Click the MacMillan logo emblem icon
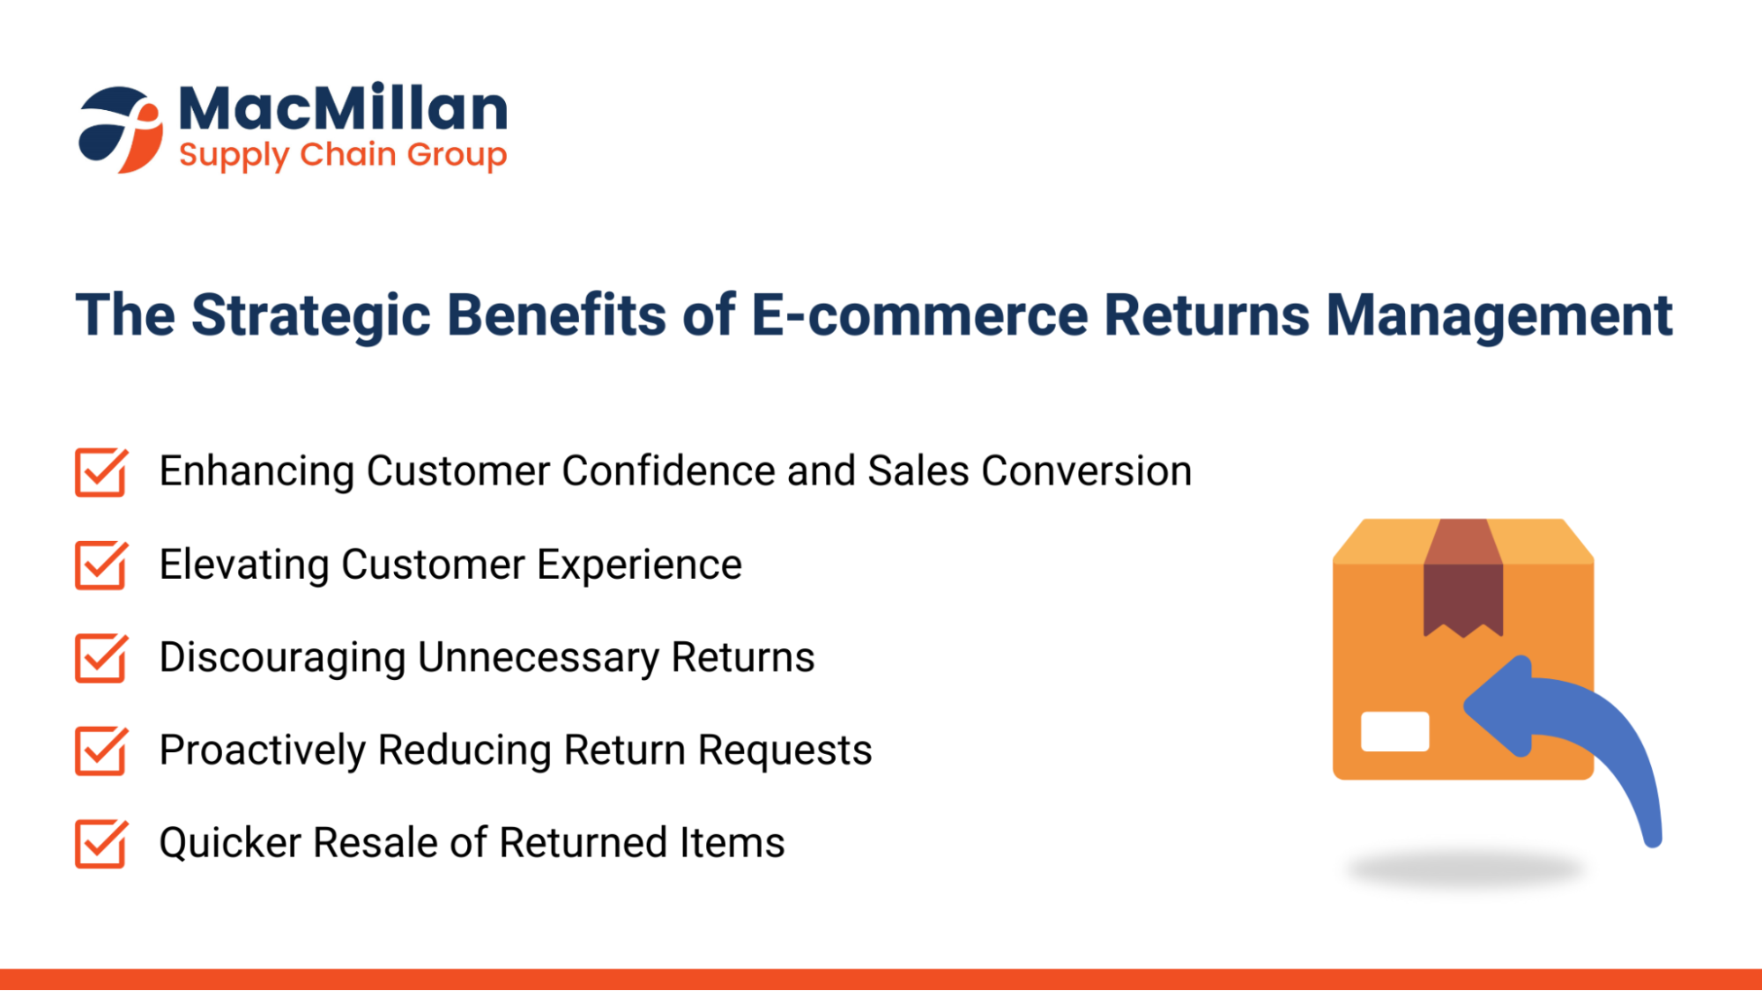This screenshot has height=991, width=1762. click(x=121, y=129)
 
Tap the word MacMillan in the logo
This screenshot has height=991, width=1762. click(x=343, y=108)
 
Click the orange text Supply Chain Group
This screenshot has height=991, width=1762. click(x=343, y=155)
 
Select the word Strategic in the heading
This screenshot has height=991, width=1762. click(x=311, y=315)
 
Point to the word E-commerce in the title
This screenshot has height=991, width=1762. click(x=919, y=315)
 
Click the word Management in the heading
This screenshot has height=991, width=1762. click(x=1498, y=315)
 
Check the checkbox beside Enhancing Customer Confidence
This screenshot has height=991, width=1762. click(x=100, y=473)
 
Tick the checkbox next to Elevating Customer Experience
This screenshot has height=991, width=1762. click(x=100, y=566)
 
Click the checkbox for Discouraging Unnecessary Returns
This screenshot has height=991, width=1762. click(x=100, y=658)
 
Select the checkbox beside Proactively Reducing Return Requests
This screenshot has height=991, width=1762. click(x=100, y=751)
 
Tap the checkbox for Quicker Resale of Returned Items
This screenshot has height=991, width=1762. click(x=100, y=844)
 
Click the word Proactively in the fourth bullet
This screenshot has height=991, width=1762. click(x=262, y=751)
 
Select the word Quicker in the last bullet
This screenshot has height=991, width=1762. click(x=230, y=843)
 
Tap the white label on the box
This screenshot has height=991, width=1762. click(x=1394, y=731)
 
